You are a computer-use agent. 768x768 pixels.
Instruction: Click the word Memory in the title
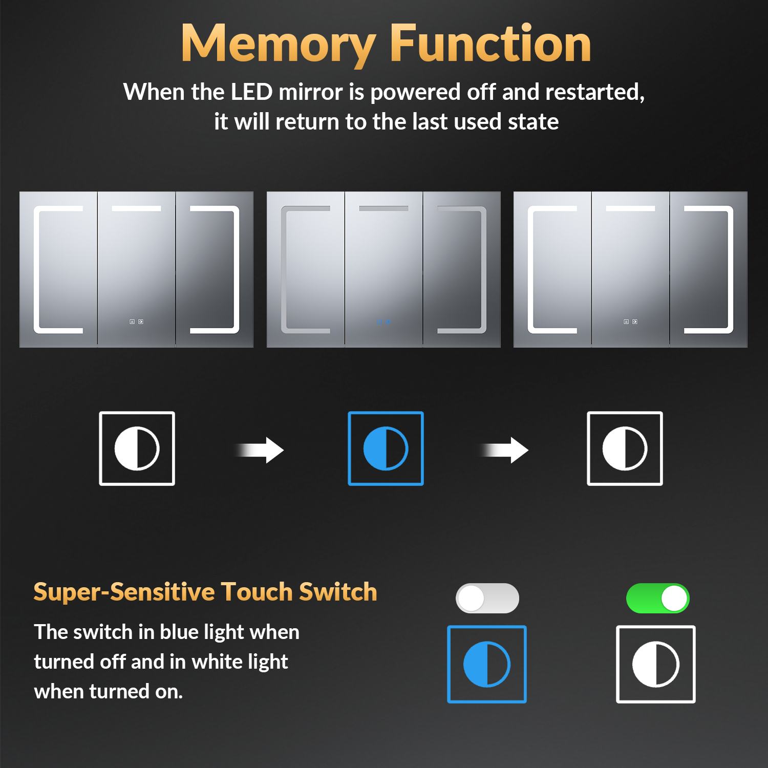279,45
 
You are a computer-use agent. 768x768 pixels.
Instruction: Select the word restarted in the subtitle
594,93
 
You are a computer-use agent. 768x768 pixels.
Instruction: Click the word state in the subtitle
533,122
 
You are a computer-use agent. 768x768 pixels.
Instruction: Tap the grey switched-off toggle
487,598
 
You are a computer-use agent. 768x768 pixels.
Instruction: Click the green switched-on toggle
658,598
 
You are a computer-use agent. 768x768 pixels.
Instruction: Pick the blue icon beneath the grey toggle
487,664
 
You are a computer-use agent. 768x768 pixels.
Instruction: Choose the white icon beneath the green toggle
656,664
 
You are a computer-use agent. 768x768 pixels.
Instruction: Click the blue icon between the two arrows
386,449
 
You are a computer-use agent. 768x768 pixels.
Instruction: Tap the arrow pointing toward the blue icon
259,450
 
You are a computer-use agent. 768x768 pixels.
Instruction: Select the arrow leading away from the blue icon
504,450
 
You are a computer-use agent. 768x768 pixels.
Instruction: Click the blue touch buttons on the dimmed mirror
383,322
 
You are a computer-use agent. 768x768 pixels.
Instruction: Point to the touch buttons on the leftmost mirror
136,322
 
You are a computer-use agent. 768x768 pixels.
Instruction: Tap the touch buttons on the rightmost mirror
630,322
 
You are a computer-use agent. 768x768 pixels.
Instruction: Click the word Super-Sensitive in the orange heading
124,592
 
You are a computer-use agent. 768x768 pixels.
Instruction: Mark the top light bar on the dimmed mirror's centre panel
383,208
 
